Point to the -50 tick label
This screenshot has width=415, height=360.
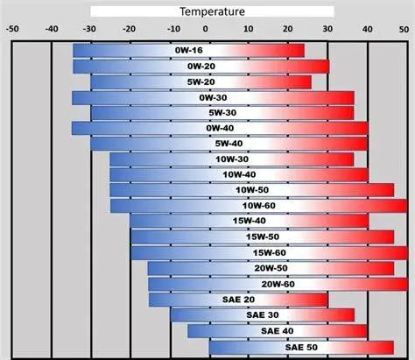(12, 28)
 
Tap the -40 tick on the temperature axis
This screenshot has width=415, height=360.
(53, 28)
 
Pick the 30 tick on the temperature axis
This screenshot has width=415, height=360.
(326, 28)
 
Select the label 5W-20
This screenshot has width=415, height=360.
(201, 82)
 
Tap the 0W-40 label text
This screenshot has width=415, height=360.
(219, 128)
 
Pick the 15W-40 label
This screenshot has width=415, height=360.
(249, 221)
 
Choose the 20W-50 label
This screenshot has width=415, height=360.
(271, 267)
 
